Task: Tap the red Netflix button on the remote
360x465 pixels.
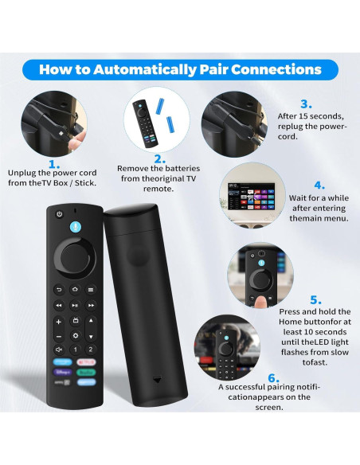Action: tap(90, 362)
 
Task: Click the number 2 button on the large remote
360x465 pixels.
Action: tap(90, 349)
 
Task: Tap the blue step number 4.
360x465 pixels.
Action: tap(319, 185)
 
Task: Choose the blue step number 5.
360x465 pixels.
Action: tap(315, 299)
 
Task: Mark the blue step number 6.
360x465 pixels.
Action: tap(273, 377)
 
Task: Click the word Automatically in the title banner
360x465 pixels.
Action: tap(151, 69)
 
